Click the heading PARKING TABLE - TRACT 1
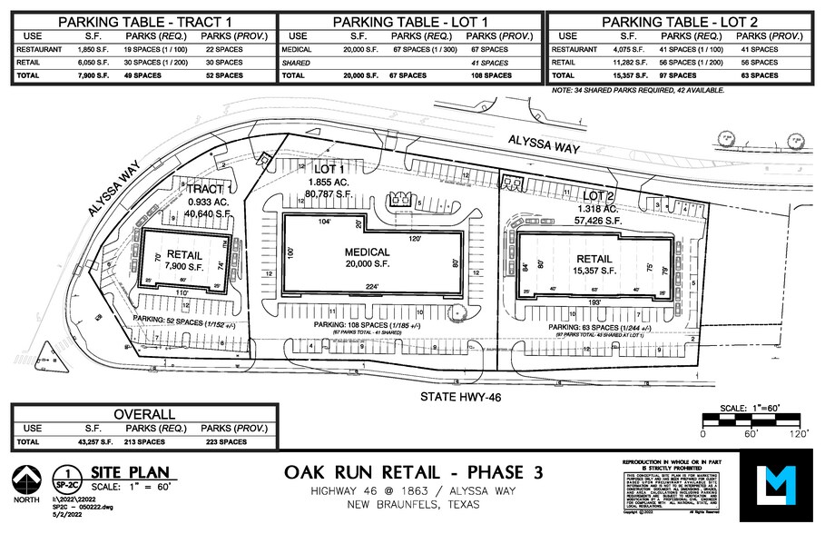point(142,22)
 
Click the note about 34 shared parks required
point(637,91)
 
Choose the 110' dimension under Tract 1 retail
point(182,292)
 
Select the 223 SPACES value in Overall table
point(223,441)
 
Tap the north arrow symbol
point(25,482)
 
